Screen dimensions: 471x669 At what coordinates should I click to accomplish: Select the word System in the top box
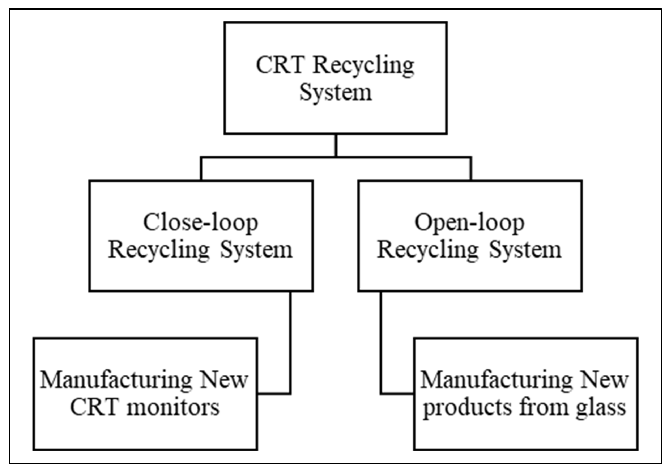(x=336, y=93)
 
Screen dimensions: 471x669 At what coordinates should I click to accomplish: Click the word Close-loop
(x=200, y=223)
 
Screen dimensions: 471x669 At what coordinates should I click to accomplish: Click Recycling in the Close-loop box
(x=159, y=250)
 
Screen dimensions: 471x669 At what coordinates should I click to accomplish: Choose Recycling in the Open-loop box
(x=428, y=250)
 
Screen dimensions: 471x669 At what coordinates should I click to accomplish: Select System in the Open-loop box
(x=525, y=250)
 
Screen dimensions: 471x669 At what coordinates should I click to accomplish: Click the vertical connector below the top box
(x=336, y=145)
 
